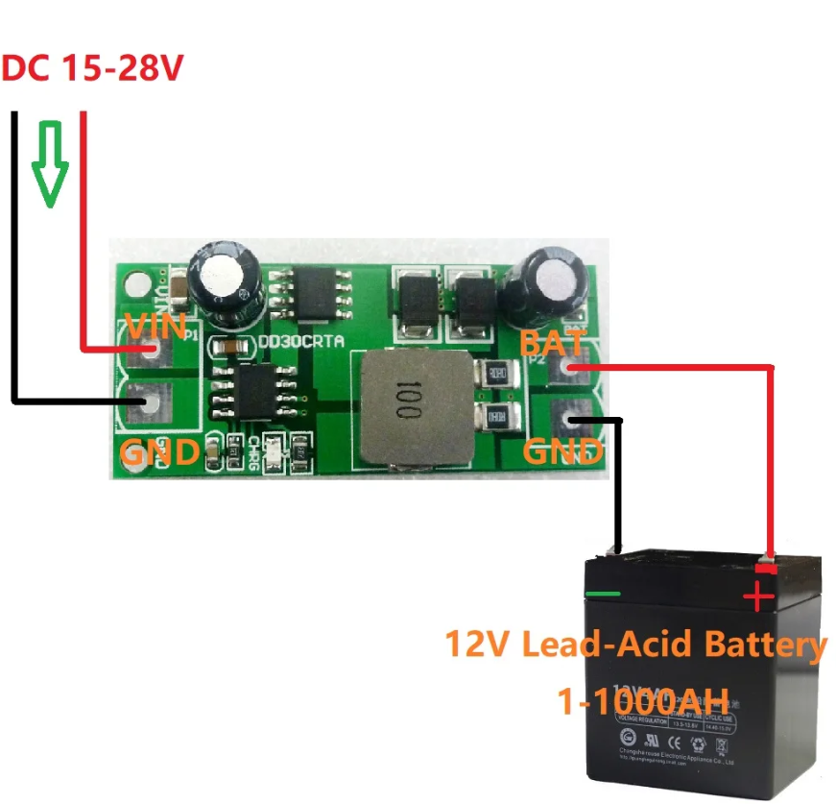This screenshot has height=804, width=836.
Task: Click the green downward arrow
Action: click(50, 163)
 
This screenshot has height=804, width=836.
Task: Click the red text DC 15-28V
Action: click(93, 69)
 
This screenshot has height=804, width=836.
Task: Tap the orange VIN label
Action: click(155, 327)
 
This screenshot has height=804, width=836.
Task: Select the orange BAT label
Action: click(552, 342)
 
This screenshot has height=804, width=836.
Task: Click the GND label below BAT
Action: click(563, 451)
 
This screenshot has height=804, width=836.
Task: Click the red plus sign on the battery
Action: click(758, 597)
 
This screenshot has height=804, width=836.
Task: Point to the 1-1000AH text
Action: click(643, 699)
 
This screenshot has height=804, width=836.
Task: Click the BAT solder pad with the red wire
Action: click(573, 367)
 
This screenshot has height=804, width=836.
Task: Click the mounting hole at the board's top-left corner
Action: click(131, 284)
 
